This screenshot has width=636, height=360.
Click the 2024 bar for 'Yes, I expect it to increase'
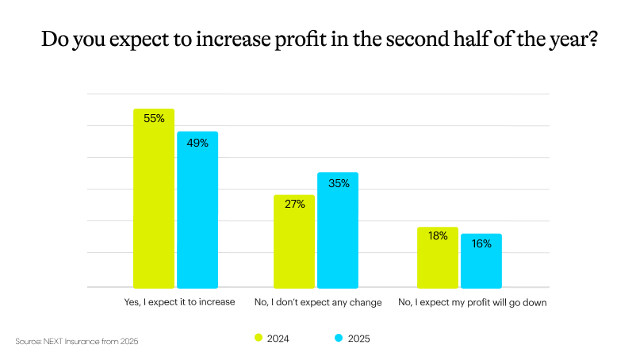[154, 198]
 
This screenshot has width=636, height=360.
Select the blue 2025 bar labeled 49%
[197, 210]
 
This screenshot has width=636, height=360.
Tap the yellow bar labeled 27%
[294, 241]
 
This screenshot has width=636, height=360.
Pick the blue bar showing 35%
[338, 230]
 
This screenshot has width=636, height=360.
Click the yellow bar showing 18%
[438, 258]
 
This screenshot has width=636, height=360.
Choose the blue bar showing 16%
[481, 261]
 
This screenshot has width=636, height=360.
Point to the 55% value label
[154, 119]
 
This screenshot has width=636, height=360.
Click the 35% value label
[339, 183]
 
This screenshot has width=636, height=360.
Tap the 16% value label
[481, 244]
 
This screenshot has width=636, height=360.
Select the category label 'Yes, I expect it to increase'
[175, 302]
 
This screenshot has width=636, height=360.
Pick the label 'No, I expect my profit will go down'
[462, 302]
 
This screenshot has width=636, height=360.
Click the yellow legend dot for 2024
[258, 339]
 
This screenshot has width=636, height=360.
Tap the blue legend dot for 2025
[338, 339]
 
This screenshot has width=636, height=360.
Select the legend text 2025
[358, 339]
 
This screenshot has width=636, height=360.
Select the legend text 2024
[278, 339]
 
